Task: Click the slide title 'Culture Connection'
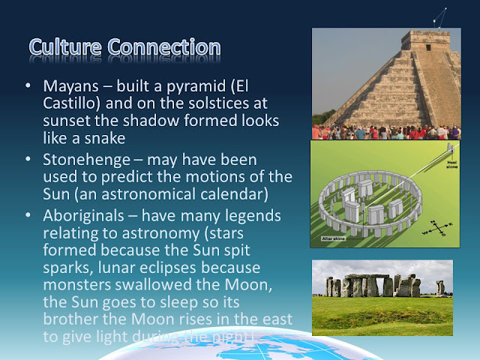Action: point(124,46)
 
